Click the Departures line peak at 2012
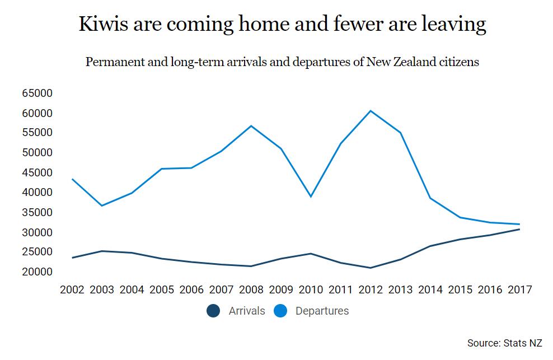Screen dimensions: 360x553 pyautogui.click(x=371, y=110)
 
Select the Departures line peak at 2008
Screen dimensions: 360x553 pyautogui.click(x=251, y=125)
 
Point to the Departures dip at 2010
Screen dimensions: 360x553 pyautogui.click(x=311, y=197)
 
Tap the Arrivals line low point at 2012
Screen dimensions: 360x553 pyautogui.click(x=371, y=268)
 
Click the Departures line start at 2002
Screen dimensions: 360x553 pyautogui.click(x=72, y=179)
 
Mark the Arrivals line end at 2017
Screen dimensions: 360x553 pyautogui.click(x=519, y=229)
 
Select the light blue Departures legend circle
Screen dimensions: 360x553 pyautogui.click(x=280, y=311)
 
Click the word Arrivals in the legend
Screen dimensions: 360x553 pyautogui.click(x=247, y=311)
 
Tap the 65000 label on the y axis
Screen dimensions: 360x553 pyautogui.click(x=37, y=93)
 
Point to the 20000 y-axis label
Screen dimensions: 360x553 pyautogui.click(x=37, y=272)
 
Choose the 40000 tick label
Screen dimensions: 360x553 pyautogui.click(x=37, y=192)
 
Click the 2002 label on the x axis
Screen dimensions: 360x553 pyautogui.click(x=72, y=289)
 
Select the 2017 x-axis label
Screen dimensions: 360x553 pyautogui.click(x=519, y=289)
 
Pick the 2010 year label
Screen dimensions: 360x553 pyautogui.click(x=311, y=289)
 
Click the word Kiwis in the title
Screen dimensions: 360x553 pyautogui.click(x=102, y=24)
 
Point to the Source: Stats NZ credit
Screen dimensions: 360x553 pyautogui.click(x=504, y=343)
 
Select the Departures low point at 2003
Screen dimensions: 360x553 pyautogui.click(x=102, y=205)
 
